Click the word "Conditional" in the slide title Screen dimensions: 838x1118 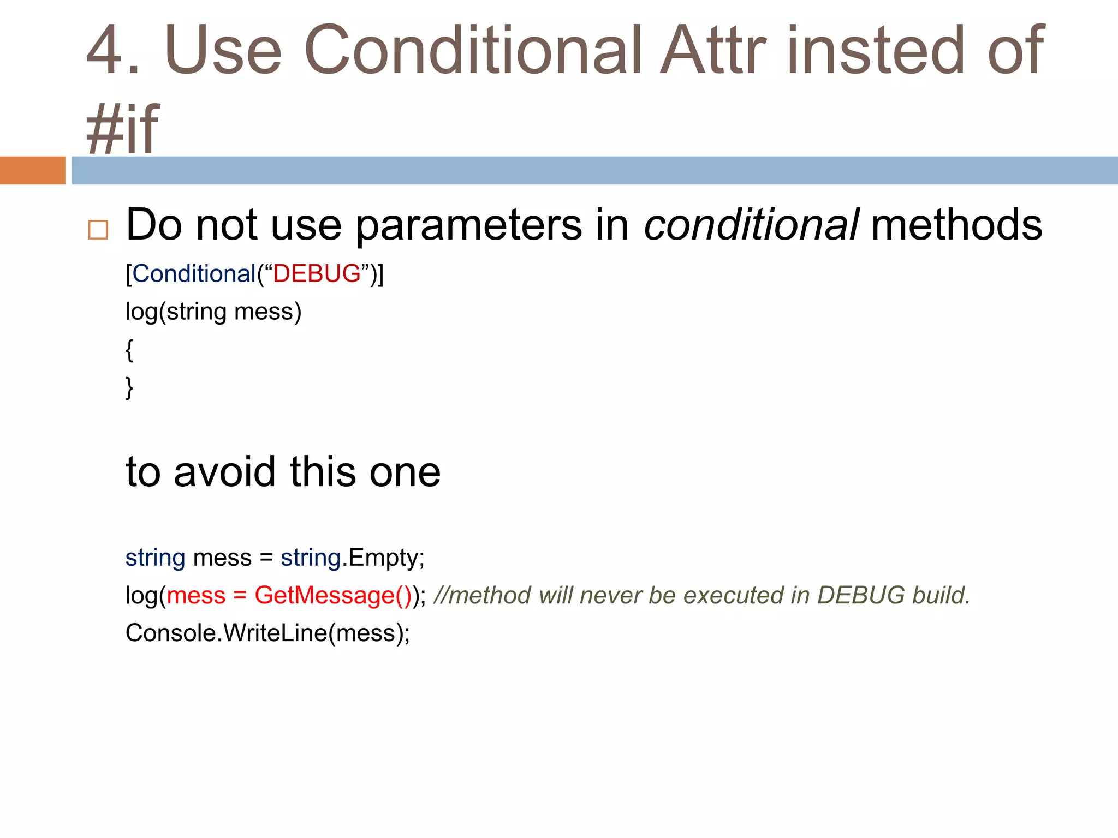[472, 50]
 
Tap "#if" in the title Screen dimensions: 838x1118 [122, 129]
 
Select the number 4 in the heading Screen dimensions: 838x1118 [107, 50]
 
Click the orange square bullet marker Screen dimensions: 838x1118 [98, 230]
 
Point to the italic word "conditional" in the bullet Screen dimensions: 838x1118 [751, 225]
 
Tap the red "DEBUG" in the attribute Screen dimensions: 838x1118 [317, 273]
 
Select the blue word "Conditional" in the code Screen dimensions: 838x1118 [194, 273]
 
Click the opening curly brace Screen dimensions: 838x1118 [129, 350]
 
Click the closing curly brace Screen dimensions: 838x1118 [129, 388]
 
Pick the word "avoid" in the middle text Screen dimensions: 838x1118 [224, 471]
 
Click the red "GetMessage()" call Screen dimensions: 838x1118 [333, 595]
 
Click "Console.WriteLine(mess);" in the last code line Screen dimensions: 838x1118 [267, 633]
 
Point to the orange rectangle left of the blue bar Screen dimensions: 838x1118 [33, 170]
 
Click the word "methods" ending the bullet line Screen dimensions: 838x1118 [956, 225]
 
